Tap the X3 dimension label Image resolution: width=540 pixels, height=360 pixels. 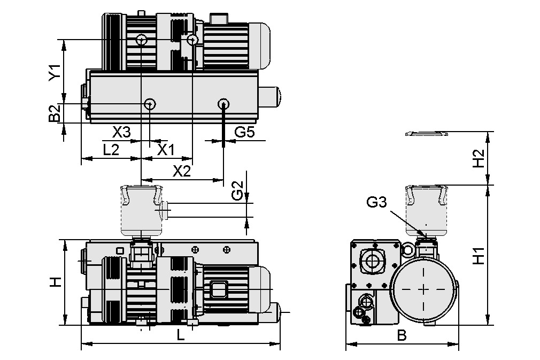pos(121,132)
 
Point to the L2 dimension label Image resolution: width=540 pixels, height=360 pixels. pos(111,150)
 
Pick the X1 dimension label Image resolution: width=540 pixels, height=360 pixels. pos(166,150)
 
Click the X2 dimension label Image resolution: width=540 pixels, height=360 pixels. pos(182,171)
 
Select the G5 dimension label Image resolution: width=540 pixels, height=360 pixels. pos(244,132)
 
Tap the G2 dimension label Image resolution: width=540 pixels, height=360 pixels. pos(237,191)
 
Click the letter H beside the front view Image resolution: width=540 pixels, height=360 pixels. pos(54,282)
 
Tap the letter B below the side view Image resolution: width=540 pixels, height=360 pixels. pos(402,336)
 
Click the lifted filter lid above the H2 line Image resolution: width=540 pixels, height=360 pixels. pos(426,133)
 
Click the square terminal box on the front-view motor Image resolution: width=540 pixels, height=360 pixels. pos(219,289)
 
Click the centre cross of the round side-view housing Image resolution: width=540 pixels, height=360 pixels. pos(425,289)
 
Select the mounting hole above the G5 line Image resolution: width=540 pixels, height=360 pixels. pos(223,103)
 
